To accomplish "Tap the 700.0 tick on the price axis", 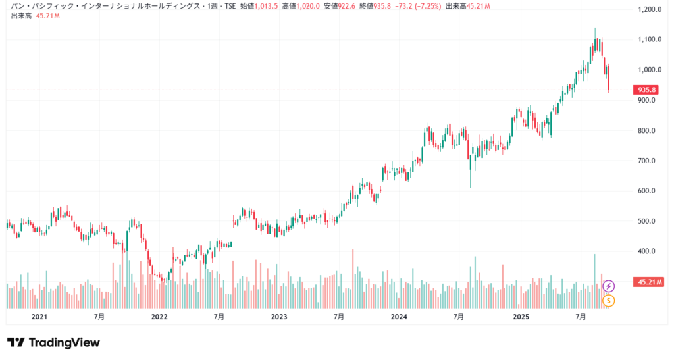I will click(651, 161).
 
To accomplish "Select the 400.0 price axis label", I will click(651, 251).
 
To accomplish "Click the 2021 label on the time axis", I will click(39, 317).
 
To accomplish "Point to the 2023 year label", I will click(278, 317).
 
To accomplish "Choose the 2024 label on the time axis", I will click(399, 317).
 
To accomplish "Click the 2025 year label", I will click(521, 317).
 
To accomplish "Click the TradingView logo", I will click(53, 342).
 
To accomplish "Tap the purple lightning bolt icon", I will click(609, 286).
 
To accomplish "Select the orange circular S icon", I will click(609, 301).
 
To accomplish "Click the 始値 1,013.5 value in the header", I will click(258, 6).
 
